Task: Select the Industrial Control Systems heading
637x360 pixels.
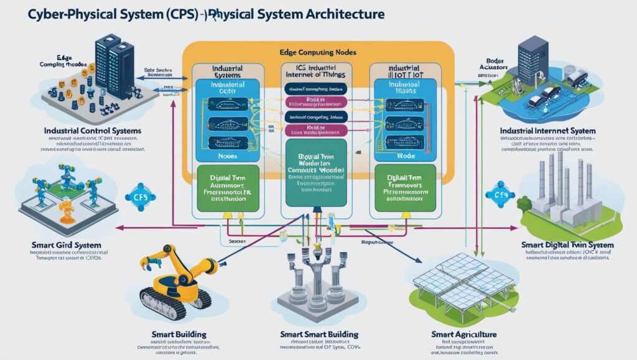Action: pos(93,131)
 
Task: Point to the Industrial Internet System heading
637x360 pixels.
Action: pos(547,131)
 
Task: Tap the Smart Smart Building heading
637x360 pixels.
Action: pos(317,334)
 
